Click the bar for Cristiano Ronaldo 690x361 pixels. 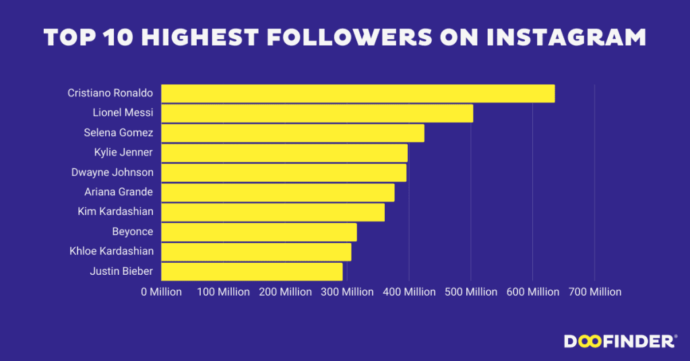coord(358,94)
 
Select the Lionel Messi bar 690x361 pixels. coord(317,113)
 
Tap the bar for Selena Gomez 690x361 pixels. coord(292,133)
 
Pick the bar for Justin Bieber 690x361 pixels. coord(251,271)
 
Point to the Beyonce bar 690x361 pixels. coord(259,232)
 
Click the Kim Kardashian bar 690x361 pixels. coord(273,212)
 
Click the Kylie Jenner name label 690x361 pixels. coord(123,153)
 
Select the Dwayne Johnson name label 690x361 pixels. coord(112,172)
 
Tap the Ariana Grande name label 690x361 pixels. coord(119,192)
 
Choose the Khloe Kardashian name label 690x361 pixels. coord(111,251)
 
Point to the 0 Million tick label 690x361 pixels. coord(161,292)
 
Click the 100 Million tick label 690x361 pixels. coord(223,292)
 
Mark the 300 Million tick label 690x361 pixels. coord(347,292)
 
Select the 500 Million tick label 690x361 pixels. coord(471,292)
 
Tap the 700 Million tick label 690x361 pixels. coord(594,292)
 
